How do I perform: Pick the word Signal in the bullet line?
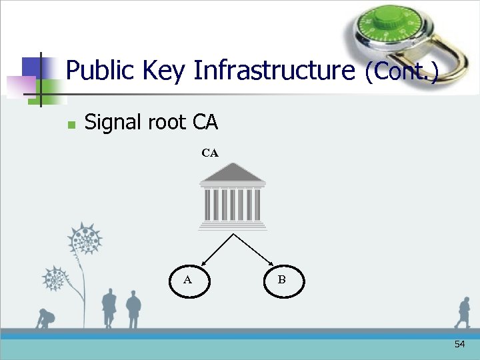coord(113,123)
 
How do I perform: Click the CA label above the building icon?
coord(210,153)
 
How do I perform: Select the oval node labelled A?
coord(188,281)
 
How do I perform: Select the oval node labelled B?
coord(282,281)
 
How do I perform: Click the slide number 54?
coord(459,344)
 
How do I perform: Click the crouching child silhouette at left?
coord(45,319)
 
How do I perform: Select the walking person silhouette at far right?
coord(463,313)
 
